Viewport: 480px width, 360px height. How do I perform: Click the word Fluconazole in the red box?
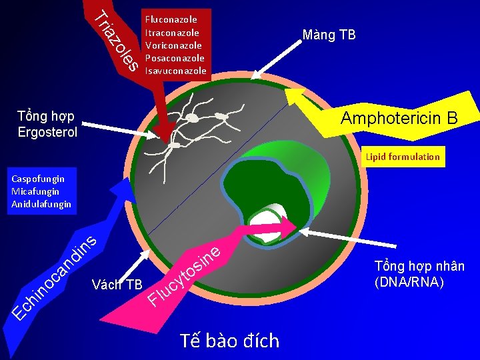pyautogui.click(x=171, y=20)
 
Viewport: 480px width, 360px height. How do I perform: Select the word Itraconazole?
pyautogui.click(x=172, y=33)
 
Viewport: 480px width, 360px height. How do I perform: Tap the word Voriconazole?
pyautogui.click(x=173, y=45)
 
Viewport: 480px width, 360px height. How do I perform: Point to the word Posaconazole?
pyautogui.click(x=175, y=58)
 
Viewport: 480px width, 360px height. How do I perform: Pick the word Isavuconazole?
pyautogui.click(x=176, y=71)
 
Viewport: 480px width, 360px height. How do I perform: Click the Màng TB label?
pyautogui.click(x=329, y=35)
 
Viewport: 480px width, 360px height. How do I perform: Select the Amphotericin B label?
pyautogui.click(x=399, y=118)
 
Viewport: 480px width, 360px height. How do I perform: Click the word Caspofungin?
pyautogui.click(x=38, y=179)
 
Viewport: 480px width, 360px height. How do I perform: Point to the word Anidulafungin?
pyautogui.click(x=41, y=204)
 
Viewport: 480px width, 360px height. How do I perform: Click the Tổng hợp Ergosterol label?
pyautogui.click(x=47, y=124)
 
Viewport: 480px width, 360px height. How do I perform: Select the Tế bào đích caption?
pyautogui.click(x=229, y=341)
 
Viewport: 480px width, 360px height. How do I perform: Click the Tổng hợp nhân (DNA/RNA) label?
pyautogui.click(x=419, y=274)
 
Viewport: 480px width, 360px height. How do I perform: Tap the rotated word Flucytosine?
pyautogui.click(x=183, y=275)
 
